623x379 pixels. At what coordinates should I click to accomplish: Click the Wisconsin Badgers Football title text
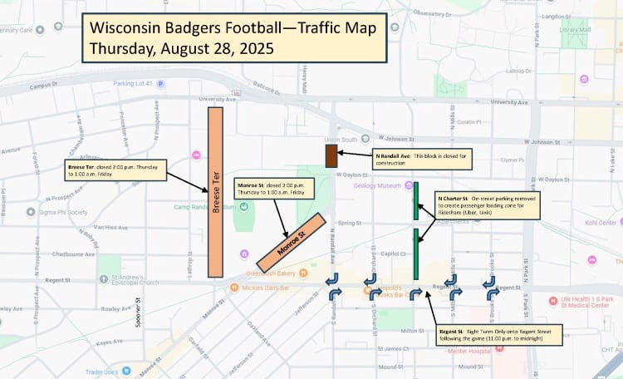(233, 28)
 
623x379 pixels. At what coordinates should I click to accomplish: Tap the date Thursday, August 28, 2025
(182, 48)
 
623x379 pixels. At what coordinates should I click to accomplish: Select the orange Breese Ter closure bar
(216, 192)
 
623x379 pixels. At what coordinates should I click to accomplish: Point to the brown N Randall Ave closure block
(331, 155)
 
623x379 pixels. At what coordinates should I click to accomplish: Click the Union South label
(343, 139)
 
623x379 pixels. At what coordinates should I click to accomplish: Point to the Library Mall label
(575, 30)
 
